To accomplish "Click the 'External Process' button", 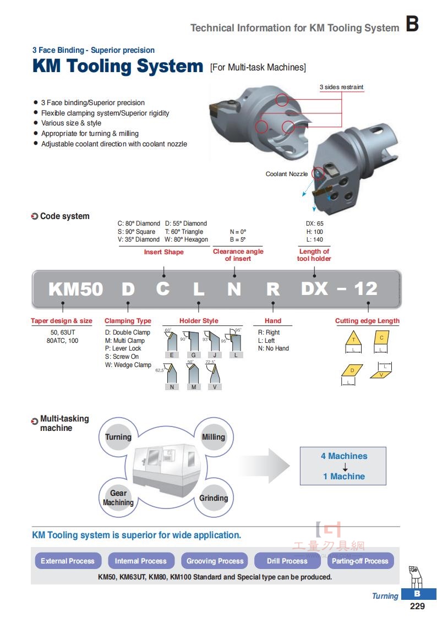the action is point(68,560).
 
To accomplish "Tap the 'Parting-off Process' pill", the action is point(360,560).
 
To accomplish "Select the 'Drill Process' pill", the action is point(287,560).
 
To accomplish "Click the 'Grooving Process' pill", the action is point(215,560).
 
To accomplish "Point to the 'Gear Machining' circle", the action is point(118,497).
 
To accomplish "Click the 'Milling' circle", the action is point(214,437).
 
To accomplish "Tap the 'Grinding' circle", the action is point(214,498).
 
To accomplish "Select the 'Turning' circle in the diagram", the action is point(118,437).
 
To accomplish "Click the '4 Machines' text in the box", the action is point(344,456).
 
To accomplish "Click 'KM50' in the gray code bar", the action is point(75,289).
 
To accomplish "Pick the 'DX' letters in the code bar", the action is point(314,288).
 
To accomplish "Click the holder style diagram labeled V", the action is point(214,373).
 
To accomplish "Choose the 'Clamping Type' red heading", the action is point(128,321).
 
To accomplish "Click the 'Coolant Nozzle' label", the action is point(287,174).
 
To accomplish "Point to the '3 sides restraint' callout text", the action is point(341,87).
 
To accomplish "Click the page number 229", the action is point(417,606).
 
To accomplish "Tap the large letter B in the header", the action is point(412,24).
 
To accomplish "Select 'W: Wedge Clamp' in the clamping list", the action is point(128,365).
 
